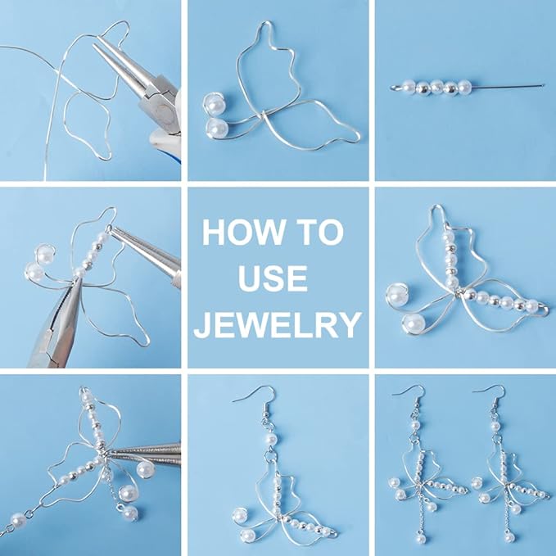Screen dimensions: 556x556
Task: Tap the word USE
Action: click(x=273, y=278)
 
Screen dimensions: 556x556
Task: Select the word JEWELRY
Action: click(x=278, y=324)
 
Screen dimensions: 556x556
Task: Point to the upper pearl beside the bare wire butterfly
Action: click(x=214, y=104)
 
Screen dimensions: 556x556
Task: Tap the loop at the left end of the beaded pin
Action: click(x=395, y=87)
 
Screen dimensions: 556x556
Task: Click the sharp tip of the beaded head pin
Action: click(x=543, y=85)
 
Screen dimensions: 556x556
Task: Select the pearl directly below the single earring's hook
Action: click(x=272, y=440)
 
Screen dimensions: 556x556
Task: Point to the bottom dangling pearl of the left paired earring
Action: click(x=421, y=538)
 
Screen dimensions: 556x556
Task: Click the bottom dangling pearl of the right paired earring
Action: click(x=509, y=537)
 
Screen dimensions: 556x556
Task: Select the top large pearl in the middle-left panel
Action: click(x=45, y=253)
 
